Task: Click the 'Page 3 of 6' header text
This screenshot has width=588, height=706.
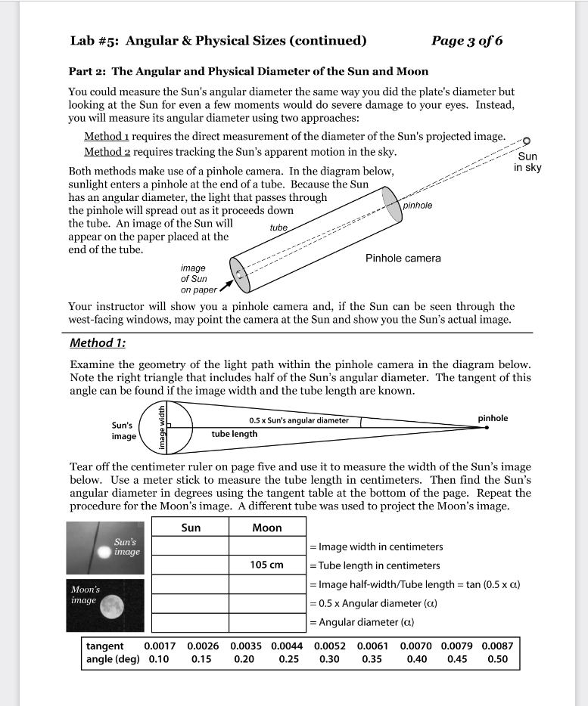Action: pyautogui.click(x=466, y=41)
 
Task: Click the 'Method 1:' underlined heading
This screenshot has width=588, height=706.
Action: pyautogui.click(x=98, y=342)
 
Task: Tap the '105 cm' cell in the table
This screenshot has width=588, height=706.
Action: pyautogui.click(x=266, y=565)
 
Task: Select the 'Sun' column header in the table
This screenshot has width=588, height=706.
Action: pyautogui.click(x=191, y=528)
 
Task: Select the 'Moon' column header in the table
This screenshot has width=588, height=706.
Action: pyautogui.click(x=266, y=528)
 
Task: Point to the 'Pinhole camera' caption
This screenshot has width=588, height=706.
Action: pyautogui.click(x=403, y=259)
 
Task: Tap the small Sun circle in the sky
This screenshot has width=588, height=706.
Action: pyautogui.click(x=527, y=141)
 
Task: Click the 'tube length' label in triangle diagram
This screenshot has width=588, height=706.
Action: pyautogui.click(x=234, y=434)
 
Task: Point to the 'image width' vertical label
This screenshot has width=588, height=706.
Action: pyautogui.click(x=161, y=426)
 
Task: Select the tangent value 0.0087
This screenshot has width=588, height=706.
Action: pyautogui.click(x=496, y=646)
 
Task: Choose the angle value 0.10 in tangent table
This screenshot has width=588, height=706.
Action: pyautogui.click(x=159, y=659)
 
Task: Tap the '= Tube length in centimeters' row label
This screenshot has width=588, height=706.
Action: pyautogui.click(x=375, y=565)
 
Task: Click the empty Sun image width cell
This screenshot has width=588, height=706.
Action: pyautogui.click(x=191, y=546)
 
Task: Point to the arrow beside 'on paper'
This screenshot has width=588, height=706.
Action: pyautogui.click(x=224, y=286)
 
